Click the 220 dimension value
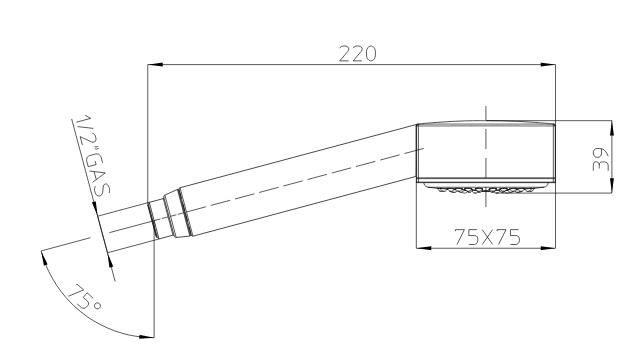click(x=358, y=54)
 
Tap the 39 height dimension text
click(x=601, y=159)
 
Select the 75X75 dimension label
click(x=487, y=237)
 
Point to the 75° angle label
click(x=85, y=297)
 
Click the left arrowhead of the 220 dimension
click(x=155, y=65)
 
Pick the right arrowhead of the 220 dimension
click(x=548, y=65)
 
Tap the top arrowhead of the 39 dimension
click(x=611, y=128)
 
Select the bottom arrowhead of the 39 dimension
click(x=611, y=185)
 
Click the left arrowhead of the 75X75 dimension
click(x=424, y=247)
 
